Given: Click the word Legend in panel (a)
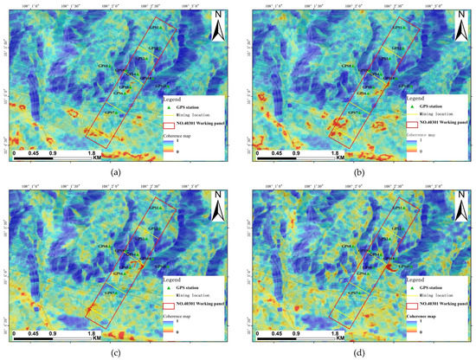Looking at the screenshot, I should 173,100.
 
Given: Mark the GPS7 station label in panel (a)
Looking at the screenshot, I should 111,113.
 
